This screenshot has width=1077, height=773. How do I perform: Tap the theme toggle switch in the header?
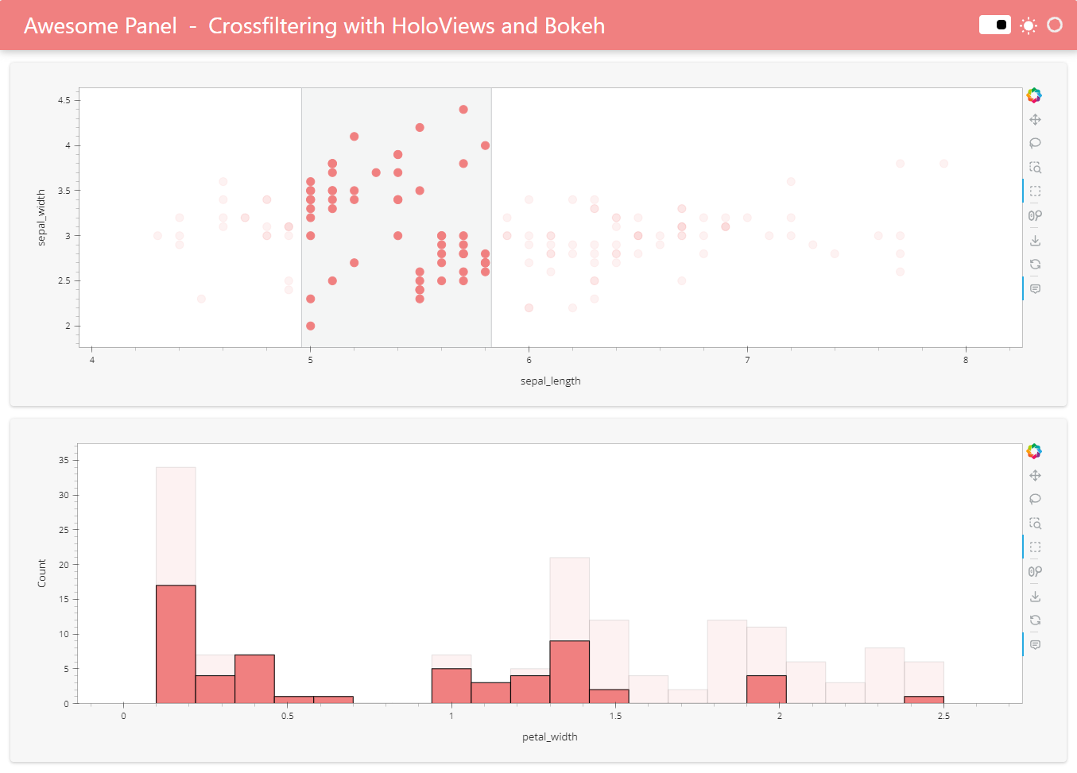994,25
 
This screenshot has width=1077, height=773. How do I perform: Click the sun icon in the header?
1029,25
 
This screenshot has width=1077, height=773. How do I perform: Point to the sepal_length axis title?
550,381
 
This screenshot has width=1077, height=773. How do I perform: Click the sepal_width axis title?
41,218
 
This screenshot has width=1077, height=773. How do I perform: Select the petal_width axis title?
549,737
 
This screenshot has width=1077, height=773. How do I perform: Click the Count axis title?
41,573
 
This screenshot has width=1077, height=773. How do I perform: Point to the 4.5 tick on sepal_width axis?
64,100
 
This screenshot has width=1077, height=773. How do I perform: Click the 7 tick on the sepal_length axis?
747,360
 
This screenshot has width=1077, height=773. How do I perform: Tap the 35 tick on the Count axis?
64,460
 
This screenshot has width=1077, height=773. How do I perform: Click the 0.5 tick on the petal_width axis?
287,716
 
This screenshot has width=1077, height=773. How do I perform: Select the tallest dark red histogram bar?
176,644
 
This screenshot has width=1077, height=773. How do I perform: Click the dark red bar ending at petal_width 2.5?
924,700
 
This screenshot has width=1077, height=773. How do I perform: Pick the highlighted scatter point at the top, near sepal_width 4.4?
463,110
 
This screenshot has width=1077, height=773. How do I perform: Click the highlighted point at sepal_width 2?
311,326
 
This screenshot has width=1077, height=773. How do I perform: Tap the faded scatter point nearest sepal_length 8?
943,164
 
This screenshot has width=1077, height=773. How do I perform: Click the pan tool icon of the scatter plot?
1035,120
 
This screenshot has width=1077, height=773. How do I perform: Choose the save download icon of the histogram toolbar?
1035,596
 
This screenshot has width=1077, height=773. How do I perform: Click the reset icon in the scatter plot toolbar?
1035,265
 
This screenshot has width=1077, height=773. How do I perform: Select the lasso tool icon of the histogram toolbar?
1035,500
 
